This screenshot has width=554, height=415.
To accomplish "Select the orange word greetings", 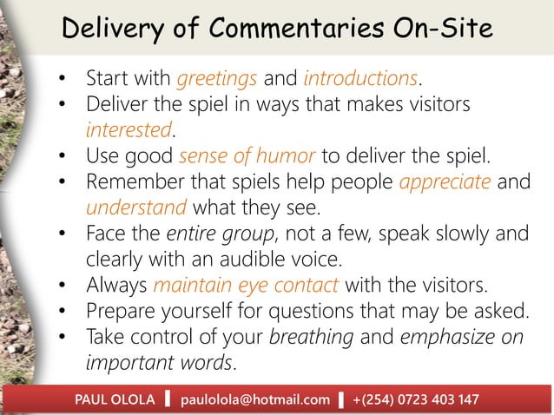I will pos(216,79).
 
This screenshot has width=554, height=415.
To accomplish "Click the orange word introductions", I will pos(360,79).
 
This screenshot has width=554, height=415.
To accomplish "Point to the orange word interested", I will pos(129,130).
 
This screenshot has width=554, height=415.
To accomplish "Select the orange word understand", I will pos(135,208).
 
